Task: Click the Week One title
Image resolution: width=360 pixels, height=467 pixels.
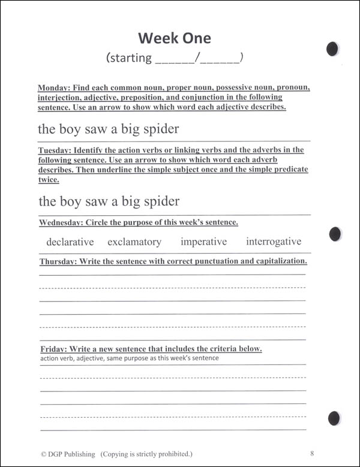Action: point(175,38)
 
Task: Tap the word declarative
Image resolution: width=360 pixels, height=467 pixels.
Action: point(70,242)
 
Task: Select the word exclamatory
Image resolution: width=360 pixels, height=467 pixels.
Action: point(134,242)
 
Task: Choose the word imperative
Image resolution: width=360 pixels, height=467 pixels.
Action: point(203,242)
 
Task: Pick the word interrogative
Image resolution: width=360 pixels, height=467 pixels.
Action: point(274,242)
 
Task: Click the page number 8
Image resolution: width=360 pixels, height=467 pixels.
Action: point(313,454)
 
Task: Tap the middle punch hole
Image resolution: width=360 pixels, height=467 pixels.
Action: point(336,233)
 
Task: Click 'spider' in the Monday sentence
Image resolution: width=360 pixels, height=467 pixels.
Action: point(158,129)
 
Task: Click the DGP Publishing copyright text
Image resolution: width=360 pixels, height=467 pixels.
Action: point(116,454)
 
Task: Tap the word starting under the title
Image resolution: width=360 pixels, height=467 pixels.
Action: point(129,58)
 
